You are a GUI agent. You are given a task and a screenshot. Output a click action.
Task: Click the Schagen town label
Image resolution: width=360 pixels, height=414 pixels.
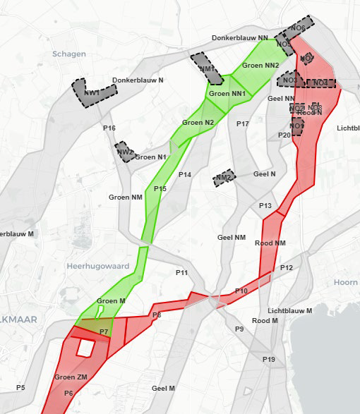pyautogui.click(x=69, y=54)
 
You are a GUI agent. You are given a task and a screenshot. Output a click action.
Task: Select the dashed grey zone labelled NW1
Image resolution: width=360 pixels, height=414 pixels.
pyautogui.click(x=92, y=92)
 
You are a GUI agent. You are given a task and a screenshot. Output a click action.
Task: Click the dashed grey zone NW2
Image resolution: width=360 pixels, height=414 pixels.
pyautogui.click(x=125, y=152)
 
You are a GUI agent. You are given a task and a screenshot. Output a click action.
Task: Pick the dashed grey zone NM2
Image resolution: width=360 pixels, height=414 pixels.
pyautogui.click(x=224, y=177)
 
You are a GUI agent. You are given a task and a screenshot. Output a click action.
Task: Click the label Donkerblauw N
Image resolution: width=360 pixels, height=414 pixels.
pyautogui.click(x=138, y=80)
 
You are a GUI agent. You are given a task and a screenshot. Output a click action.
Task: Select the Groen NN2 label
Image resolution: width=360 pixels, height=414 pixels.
pyautogui.click(x=260, y=65)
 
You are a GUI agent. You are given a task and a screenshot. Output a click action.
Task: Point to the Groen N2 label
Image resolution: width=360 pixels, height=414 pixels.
pyautogui.click(x=198, y=123)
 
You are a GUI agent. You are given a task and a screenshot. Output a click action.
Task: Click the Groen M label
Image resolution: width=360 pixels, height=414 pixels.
pyautogui.click(x=111, y=301)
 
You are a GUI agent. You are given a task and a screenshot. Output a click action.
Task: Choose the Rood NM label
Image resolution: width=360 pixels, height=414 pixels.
pyautogui.click(x=270, y=243)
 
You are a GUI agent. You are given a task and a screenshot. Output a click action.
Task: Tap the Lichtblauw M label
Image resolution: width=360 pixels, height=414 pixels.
pyautogui.click(x=290, y=310)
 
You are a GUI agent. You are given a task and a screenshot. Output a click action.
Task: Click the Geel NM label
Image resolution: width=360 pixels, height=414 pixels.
pyautogui.click(x=232, y=238)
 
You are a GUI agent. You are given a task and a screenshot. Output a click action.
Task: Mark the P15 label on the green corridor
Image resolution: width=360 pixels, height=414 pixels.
pyautogui.click(x=160, y=188)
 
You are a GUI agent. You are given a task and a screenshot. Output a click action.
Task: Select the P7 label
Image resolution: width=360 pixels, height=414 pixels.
pyautogui.click(x=104, y=331)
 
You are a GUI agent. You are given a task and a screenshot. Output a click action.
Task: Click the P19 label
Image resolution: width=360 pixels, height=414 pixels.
pyautogui.click(x=268, y=360)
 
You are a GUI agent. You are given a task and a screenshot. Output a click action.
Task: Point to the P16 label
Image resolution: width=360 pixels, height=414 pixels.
pyautogui.click(x=109, y=128)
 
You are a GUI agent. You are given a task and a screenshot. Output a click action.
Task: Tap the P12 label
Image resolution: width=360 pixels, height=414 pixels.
pyautogui.click(x=286, y=268)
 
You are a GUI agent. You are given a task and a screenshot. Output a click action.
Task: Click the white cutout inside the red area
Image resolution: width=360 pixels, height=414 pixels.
pyautogui.click(x=85, y=348)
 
